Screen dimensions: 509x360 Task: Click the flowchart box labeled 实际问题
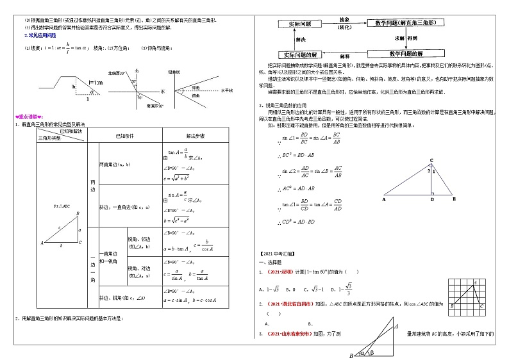coord(300,23)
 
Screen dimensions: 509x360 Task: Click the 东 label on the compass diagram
coord(163,91)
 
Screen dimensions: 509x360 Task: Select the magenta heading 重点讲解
coord(29,117)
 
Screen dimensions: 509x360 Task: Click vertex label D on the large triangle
coord(431,200)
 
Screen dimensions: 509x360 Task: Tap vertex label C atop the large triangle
coord(431,160)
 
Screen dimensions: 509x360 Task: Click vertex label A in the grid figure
coord(474,282)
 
